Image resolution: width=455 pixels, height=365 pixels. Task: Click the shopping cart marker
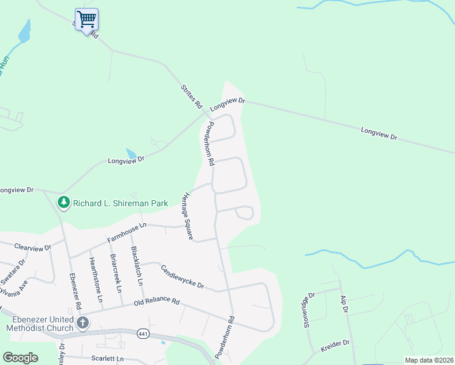click(86, 19)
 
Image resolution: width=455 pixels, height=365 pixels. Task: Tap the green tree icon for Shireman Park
click(63, 202)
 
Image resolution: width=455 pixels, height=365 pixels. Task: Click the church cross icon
click(82, 322)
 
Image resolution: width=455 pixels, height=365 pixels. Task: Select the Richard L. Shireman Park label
click(120, 203)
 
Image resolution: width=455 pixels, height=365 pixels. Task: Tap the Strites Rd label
click(191, 97)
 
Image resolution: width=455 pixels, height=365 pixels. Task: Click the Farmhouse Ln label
click(128, 232)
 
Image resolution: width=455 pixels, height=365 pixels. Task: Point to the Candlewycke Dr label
click(182, 277)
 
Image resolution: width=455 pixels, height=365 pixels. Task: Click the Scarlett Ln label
click(107, 359)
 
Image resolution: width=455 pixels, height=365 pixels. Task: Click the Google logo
click(20, 358)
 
